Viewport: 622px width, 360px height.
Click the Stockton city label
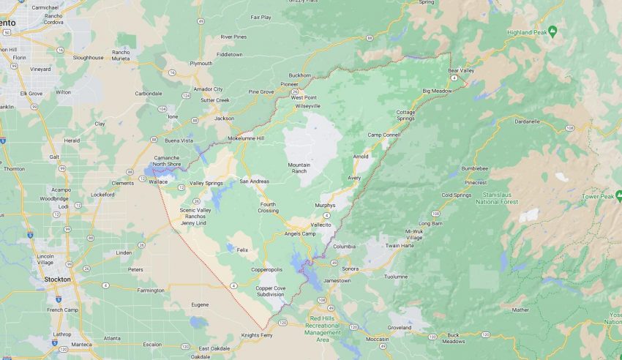click(56, 279)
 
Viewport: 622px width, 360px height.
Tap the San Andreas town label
click(255, 181)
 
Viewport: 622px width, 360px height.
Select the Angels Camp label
click(300, 233)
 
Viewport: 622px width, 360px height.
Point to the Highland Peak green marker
click(552, 31)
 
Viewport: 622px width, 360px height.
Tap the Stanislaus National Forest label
click(501, 198)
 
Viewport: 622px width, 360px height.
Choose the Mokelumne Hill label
click(245, 138)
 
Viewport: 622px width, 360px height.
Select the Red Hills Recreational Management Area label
click(325, 326)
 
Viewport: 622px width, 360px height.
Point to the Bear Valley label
click(461, 70)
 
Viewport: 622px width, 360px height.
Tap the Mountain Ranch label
click(299, 168)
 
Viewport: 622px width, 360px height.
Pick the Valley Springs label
click(206, 183)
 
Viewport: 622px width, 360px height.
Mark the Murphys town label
click(324, 206)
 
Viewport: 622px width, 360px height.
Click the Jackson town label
click(224, 118)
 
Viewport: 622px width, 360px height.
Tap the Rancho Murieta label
click(121, 55)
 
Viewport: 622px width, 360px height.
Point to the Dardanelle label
click(527, 121)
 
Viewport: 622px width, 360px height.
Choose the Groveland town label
click(400, 328)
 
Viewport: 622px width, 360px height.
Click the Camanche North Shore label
click(166, 161)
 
